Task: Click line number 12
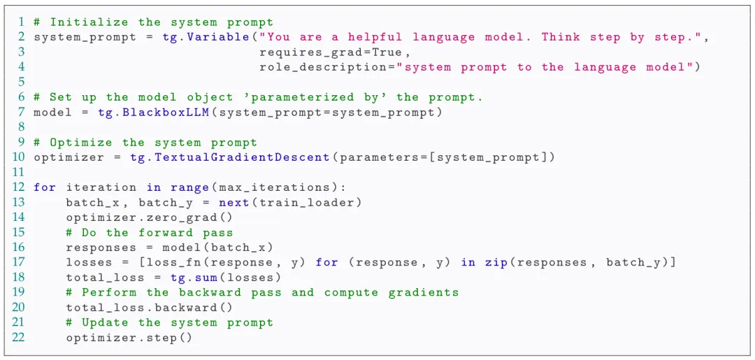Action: click(18, 187)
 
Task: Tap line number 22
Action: click(18, 338)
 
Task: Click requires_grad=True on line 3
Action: click(332, 52)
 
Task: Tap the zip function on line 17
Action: click(496, 263)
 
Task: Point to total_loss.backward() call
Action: click(150, 308)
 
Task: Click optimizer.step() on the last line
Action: click(129, 338)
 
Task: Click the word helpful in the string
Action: click(375, 37)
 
